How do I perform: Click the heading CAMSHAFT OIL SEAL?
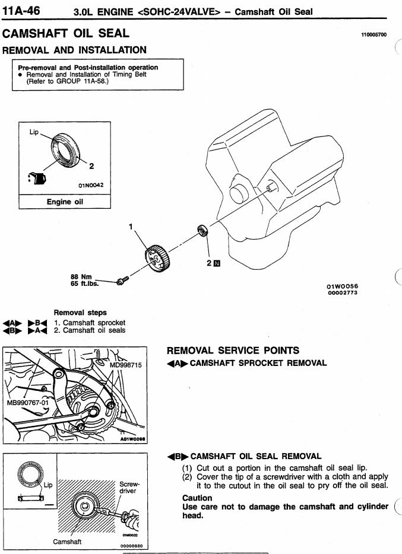coord(65,34)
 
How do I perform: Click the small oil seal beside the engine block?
coord(201,231)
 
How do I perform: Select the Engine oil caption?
coord(67,202)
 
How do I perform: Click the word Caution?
coord(197,498)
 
